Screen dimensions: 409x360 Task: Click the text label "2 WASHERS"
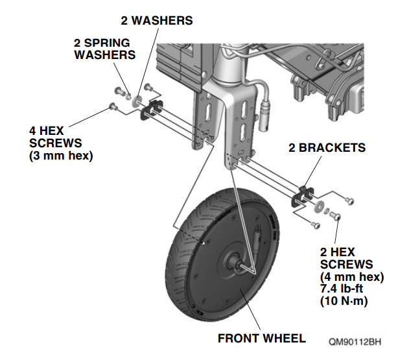(x=157, y=21)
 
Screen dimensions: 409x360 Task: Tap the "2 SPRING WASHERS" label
(x=105, y=49)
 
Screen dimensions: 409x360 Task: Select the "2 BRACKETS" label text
(x=327, y=148)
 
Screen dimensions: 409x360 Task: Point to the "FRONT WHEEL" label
(x=262, y=339)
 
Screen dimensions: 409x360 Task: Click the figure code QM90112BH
(x=355, y=342)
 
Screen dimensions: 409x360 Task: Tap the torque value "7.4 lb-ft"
(x=342, y=289)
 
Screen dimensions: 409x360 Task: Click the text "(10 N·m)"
(x=344, y=301)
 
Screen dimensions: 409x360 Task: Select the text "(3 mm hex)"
(x=61, y=156)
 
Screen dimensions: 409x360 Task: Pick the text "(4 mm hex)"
(x=352, y=277)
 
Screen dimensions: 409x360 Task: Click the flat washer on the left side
(x=136, y=101)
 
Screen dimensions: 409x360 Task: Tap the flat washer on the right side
(x=318, y=206)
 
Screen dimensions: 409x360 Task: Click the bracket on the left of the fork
(x=151, y=110)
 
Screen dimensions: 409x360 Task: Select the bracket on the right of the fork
(x=301, y=197)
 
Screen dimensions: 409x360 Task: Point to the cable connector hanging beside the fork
(x=266, y=117)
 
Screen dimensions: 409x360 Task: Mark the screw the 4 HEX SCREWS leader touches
(x=113, y=106)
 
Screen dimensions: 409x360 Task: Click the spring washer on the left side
(x=128, y=96)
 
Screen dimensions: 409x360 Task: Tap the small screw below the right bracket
(x=316, y=224)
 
